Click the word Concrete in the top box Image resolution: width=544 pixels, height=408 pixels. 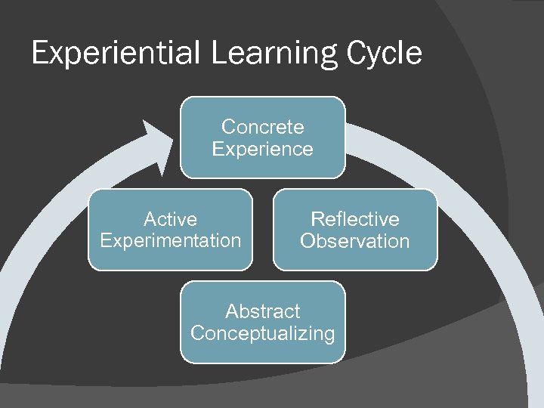tap(262, 127)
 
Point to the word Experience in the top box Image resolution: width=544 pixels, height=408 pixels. tap(262, 149)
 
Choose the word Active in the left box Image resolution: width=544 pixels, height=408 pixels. tap(170, 219)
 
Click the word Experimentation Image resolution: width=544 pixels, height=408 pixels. tap(170, 241)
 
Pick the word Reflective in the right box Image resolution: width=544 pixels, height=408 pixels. tap(355, 219)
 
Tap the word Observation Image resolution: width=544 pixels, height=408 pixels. tap(355, 241)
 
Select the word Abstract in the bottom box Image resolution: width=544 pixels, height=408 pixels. tap(262, 311)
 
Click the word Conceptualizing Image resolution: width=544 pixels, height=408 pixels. tap(262, 333)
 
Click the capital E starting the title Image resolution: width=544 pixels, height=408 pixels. tap(40, 54)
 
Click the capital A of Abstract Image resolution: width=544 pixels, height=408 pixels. tap(231, 311)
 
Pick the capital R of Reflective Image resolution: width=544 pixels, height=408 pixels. tap(317, 219)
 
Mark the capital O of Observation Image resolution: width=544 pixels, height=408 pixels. tap(308, 241)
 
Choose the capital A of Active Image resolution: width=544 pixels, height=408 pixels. tap(149, 219)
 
